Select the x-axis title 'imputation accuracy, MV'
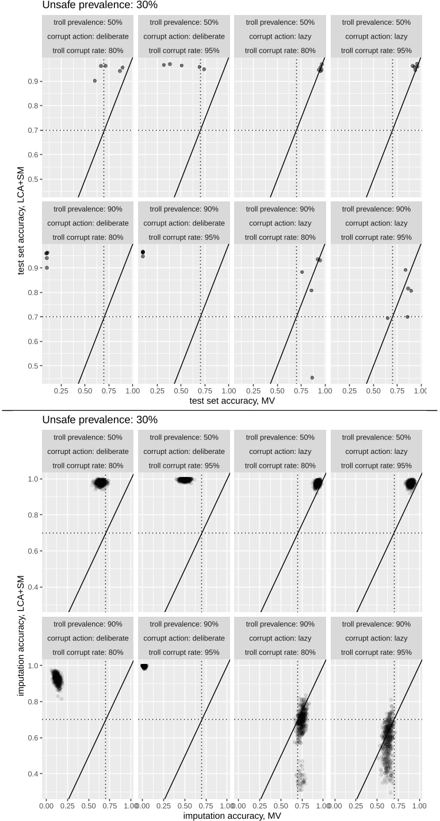coord(231,815)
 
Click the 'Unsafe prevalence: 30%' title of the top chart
coord(100,5)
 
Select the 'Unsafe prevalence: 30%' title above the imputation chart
coord(100,420)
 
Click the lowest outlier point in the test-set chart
coord(312,377)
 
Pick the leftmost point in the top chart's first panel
coord(95,81)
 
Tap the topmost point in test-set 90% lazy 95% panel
coord(405,270)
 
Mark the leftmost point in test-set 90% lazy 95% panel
coord(388,318)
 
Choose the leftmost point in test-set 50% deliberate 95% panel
coord(164,65)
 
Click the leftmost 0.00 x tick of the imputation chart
coord(47,804)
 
